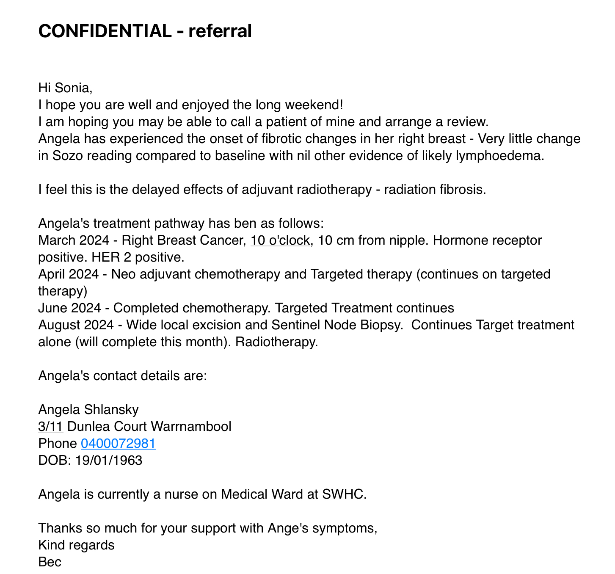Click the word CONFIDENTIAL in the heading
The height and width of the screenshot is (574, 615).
click(105, 31)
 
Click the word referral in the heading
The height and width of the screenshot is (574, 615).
click(220, 31)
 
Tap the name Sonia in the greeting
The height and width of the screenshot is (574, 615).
click(73, 88)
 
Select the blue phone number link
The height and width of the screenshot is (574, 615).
click(119, 443)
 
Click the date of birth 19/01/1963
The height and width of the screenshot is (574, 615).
click(109, 460)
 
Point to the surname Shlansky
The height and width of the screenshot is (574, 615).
click(112, 409)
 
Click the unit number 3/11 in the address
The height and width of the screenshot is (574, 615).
click(51, 426)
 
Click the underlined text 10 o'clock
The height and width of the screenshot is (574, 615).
click(280, 240)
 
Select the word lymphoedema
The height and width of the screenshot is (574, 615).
click(499, 155)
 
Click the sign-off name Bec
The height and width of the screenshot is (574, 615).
click(50, 562)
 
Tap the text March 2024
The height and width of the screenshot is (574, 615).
click(74, 240)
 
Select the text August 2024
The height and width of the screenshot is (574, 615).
click(76, 325)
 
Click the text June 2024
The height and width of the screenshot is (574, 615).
click(70, 308)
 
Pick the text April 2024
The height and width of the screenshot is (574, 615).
click(69, 274)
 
